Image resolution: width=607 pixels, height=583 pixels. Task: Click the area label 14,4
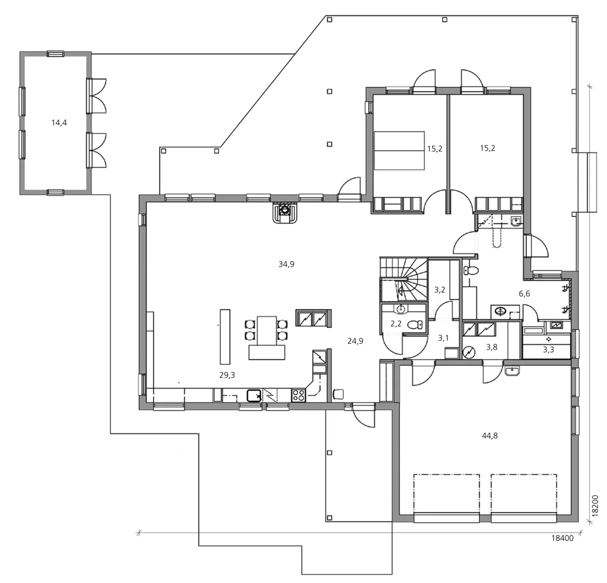pyautogui.click(x=59, y=123)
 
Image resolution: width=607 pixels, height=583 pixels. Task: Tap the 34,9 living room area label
pyautogui.click(x=287, y=264)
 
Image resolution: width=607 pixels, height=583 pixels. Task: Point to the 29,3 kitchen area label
pyautogui.click(x=227, y=375)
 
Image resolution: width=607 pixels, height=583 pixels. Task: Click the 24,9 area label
pyautogui.click(x=355, y=341)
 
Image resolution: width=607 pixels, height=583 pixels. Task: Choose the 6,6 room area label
pyautogui.click(x=525, y=293)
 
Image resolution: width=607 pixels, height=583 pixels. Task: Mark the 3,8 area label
pyautogui.click(x=492, y=347)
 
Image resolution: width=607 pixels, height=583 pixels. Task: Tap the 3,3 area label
pyautogui.click(x=548, y=350)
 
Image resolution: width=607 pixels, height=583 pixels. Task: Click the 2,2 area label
pyautogui.click(x=396, y=324)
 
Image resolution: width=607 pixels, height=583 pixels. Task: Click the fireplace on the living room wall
pyautogui.click(x=284, y=212)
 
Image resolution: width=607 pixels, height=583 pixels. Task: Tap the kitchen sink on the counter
pyautogui.click(x=254, y=397)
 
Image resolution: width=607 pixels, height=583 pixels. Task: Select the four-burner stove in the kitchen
pyautogui.click(x=299, y=396)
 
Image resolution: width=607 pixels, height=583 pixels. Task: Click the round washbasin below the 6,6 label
pyautogui.click(x=501, y=312)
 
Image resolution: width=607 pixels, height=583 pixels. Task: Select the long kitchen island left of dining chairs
pyautogui.click(x=225, y=335)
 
